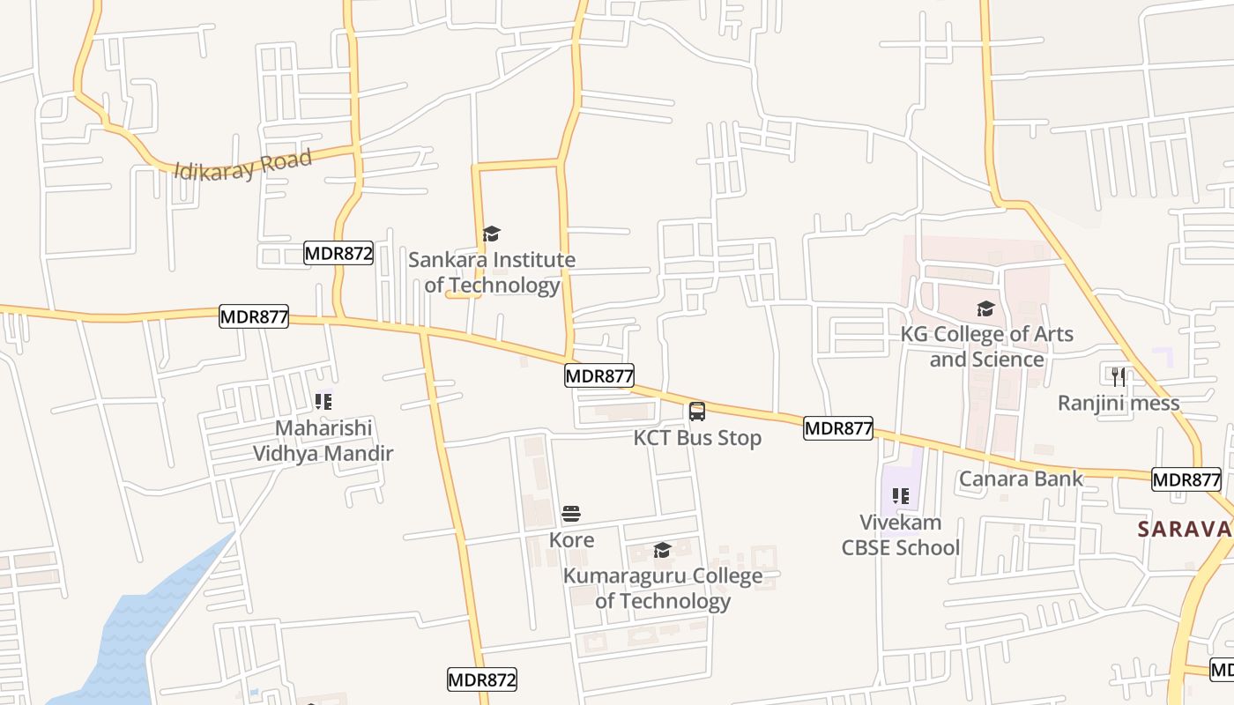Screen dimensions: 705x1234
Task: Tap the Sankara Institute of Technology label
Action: coord(492,272)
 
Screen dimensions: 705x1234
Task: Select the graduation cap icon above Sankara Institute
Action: coord(492,234)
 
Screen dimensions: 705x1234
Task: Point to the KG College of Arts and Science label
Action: coord(986,346)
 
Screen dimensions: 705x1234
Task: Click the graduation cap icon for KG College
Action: coord(985,308)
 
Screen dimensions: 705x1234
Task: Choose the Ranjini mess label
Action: coord(1119,404)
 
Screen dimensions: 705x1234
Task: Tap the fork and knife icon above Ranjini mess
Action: coord(1119,377)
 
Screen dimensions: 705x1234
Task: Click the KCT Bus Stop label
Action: coord(697,438)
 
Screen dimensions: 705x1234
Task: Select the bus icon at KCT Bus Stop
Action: coord(697,411)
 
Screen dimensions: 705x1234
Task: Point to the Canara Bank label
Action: coord(1021,479)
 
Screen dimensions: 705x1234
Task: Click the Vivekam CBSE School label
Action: coord(900,535)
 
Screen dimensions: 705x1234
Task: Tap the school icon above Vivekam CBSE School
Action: coord(900,496)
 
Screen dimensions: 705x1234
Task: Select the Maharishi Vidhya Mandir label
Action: coord(323,441)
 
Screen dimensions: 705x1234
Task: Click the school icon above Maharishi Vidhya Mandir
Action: coord(323,402)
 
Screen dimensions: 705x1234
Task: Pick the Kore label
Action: coord(571,539)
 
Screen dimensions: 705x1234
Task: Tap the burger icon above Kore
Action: coord(571,514)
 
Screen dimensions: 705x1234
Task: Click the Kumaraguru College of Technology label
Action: coord(663,589)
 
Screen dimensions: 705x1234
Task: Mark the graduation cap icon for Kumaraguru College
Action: coord(662,551)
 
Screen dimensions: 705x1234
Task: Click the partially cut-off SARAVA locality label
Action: coord(1185,530)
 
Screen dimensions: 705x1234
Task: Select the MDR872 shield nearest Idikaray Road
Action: coord(338,254)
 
